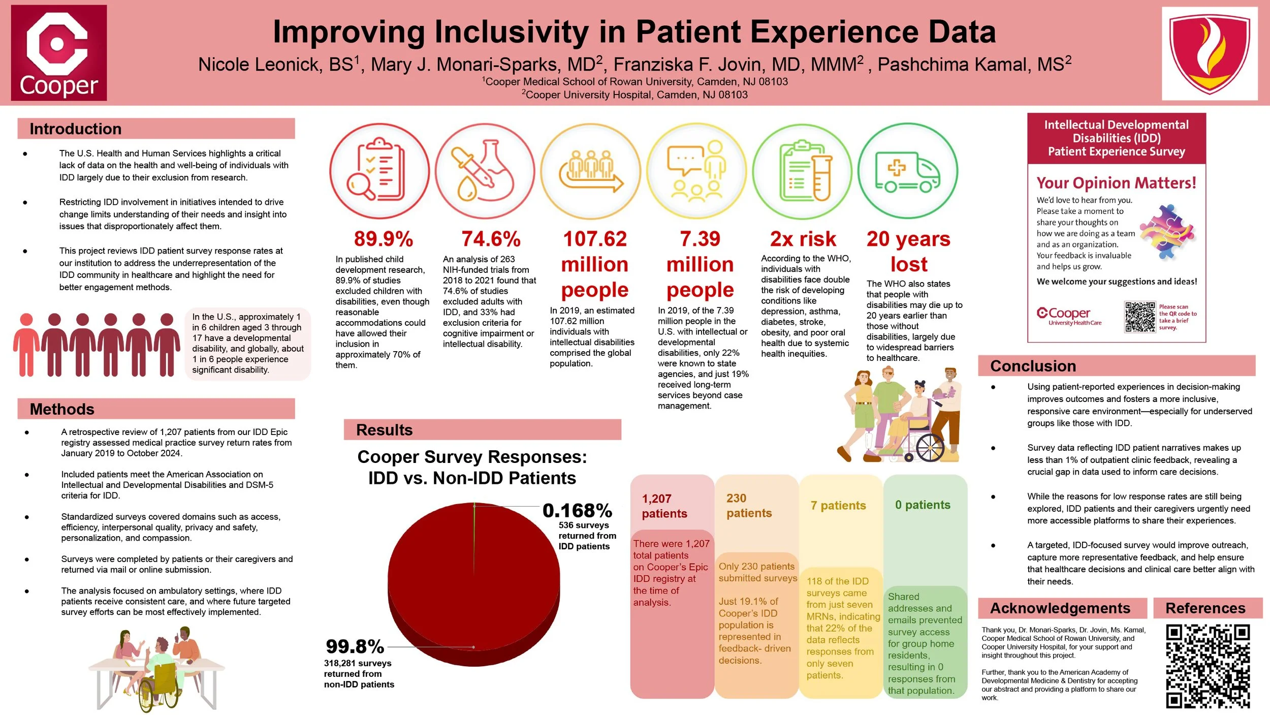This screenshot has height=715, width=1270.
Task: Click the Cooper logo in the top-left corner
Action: [59, 53]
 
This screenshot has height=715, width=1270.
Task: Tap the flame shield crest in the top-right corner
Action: [1209, 53]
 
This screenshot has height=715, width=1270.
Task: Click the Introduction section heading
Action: [76, 129]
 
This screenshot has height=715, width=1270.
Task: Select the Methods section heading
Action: [62, 409]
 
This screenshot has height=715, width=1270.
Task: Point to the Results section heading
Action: [384, 430]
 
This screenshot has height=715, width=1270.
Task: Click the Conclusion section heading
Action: [1033, 366]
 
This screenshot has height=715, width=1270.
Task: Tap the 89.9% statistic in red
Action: [384, 239]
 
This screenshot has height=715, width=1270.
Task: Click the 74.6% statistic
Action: [491, 239]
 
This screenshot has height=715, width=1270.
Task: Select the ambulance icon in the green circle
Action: [907, 171]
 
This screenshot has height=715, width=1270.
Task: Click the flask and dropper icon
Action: [485, 171]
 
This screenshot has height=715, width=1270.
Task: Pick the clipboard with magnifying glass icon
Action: [379, 171]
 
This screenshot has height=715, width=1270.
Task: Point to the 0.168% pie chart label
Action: [577, 510]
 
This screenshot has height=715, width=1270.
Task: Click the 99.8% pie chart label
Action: [355, 646]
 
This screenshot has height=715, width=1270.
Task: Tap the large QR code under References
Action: [1208, 666]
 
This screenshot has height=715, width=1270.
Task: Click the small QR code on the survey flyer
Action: [1139, 317]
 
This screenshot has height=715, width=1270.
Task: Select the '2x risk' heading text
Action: [803, 239]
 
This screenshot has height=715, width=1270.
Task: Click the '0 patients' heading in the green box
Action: [923, 505]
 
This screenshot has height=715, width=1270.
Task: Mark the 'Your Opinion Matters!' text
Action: [1116, 183]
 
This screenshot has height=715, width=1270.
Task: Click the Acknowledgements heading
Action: [1060, 608]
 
